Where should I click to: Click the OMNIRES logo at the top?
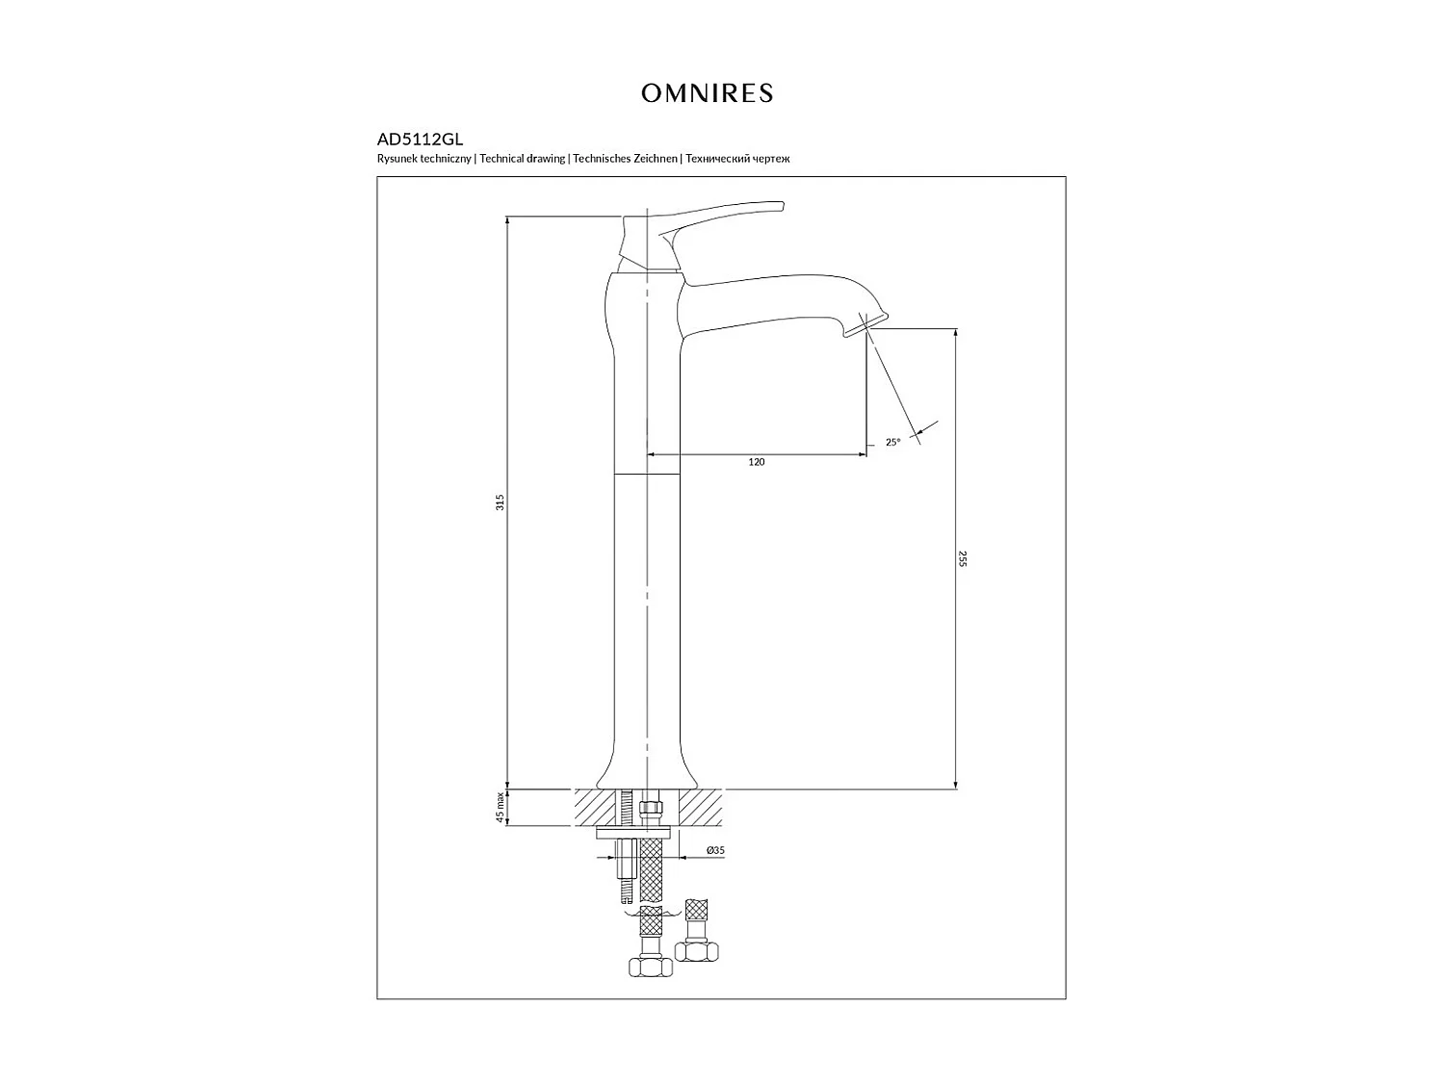click(x=708, y=93)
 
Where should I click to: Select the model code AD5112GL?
click(x=420, y=140)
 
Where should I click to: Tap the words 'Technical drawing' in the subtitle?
click(x=523, y=159)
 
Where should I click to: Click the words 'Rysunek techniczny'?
click(x=424, y=159)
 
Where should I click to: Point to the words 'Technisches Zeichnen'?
click(x=625, y=159)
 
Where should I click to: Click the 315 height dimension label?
click(x=500, y=503)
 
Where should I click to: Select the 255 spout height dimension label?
click(x=963, y=559)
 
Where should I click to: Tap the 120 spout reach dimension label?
click(x=757, y=462)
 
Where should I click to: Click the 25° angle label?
click(x=892, y=443)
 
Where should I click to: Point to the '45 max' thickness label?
click(x=500, y=808)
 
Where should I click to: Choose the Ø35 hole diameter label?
click(x=715, y=850)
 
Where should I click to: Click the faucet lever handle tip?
click(x=782, y=206)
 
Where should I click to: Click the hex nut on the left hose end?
click(x=650, y=967)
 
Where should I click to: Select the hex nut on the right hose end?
click(x=697, y=951)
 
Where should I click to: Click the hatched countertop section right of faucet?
click(x=700, y=808)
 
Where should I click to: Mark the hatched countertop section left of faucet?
click(x=595, y=808)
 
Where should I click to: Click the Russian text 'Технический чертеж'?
click(x=737, y=159)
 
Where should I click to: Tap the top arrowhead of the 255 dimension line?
click(x=956, y=333)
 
